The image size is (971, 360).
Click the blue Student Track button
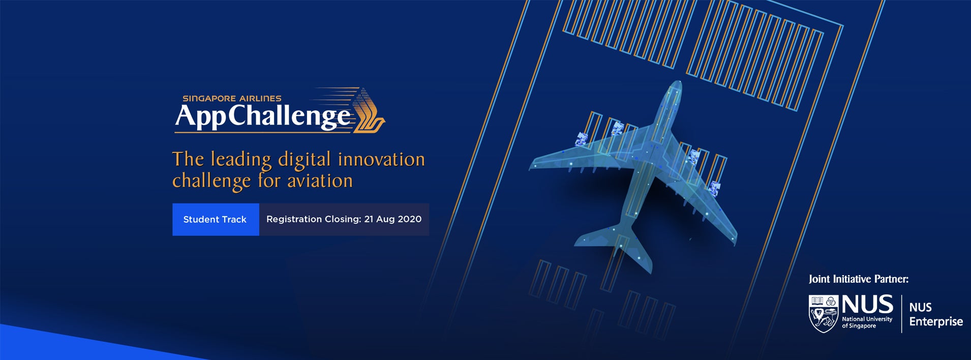[215, 219]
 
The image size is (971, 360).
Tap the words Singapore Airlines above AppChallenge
[232, 99]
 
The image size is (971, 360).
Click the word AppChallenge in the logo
[263, 116]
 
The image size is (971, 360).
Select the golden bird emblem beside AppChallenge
[369, 111]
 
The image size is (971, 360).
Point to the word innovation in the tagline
[381, 160]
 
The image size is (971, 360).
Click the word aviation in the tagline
[320, 181]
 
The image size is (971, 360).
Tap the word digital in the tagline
[305, 160]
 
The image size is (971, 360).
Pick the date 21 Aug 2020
[392, 219]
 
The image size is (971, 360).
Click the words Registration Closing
[313, 219]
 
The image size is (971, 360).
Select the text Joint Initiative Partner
[858, 279]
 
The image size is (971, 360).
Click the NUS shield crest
[823, 313]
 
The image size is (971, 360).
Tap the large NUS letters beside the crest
[867, 305]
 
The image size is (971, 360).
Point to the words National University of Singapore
[867, 322]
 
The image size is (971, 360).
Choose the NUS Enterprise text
[935, 314]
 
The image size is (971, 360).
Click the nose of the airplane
[675, 86]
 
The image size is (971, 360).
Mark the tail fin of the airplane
[635, 254]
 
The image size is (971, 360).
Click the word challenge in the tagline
[211, 181]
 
